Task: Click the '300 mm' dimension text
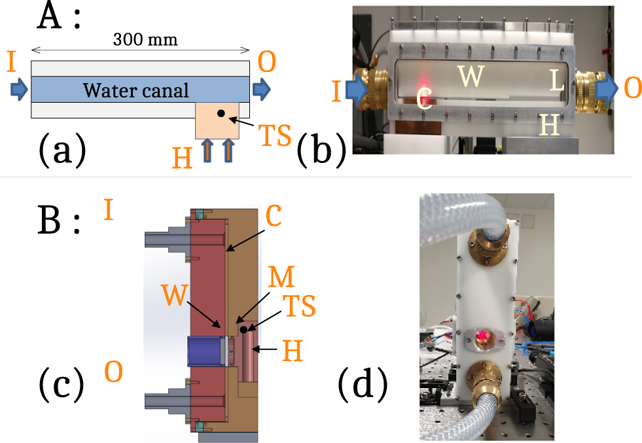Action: (145, 40)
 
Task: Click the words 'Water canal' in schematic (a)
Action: (136, 89)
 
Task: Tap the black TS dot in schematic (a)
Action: (221, 114)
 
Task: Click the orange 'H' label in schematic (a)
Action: (181, 157)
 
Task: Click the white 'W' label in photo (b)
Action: (471, 77)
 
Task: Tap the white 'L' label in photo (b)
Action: (556, 81)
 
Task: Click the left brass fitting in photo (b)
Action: (371, 89)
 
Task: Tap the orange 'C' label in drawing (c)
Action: (274, 217)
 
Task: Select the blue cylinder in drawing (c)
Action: (205, 351)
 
